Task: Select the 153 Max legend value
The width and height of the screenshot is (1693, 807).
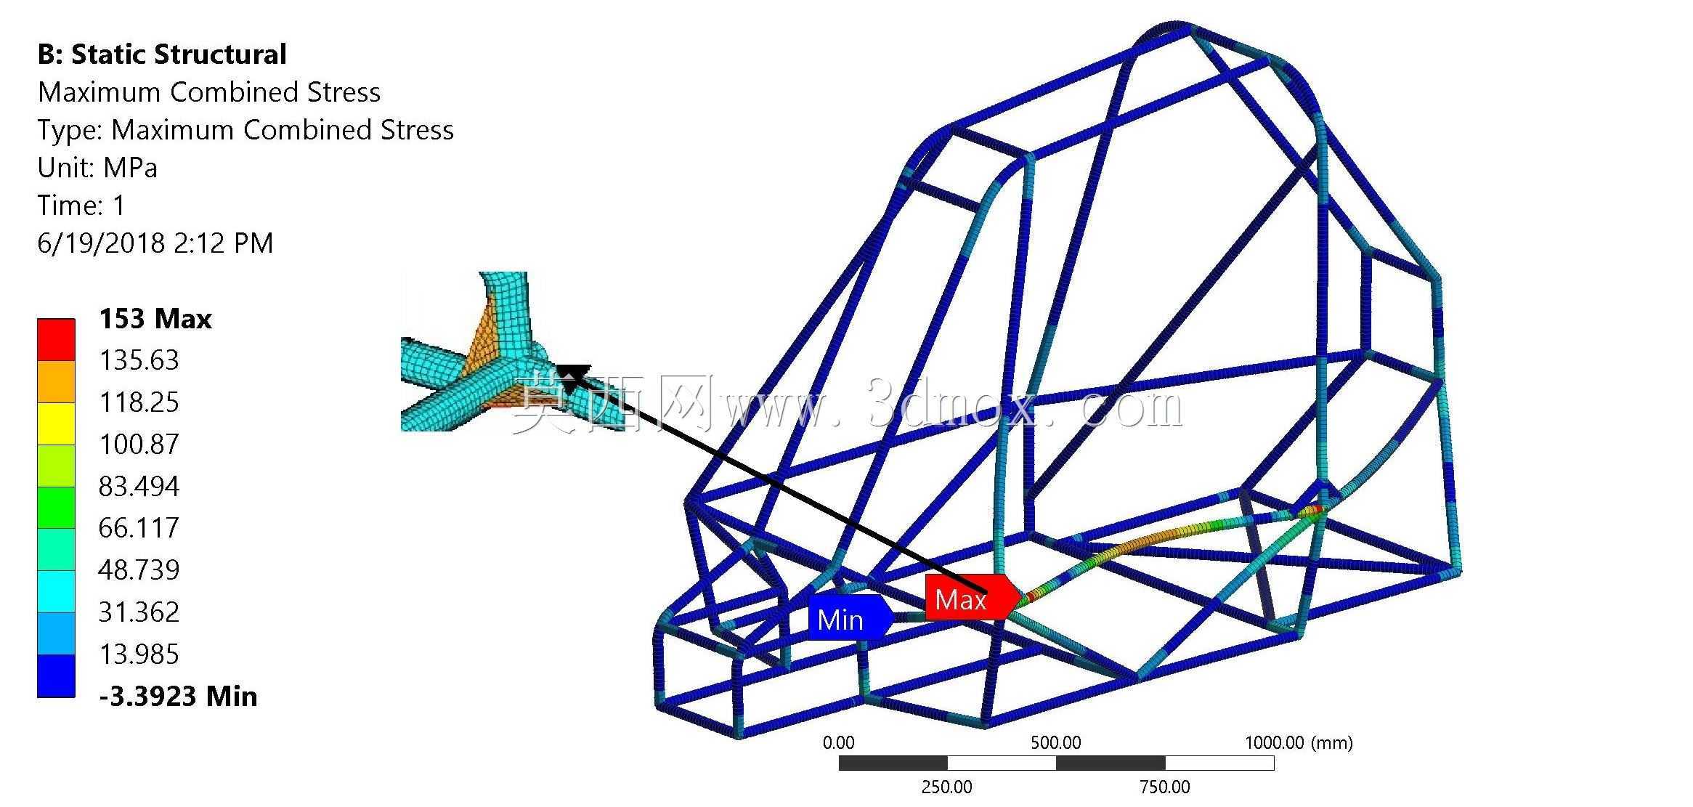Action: click(155, 319)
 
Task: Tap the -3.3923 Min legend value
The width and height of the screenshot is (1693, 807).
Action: click(178, 696)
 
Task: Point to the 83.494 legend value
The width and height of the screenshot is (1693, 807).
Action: click(139, 486)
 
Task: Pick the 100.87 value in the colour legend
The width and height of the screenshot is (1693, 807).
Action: click(139, 444)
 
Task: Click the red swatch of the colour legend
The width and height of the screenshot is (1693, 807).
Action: click(56, 340)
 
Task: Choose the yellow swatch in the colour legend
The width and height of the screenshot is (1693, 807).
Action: click(56, 423)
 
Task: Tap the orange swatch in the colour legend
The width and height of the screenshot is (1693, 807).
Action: click(56, 382)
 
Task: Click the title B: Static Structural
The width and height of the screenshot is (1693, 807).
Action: click(162, 54)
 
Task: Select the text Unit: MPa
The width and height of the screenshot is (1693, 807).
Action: click(97, 168)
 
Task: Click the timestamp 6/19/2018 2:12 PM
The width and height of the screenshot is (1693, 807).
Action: click(155, 243)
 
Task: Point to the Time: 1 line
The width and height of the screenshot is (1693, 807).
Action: click(81, 206)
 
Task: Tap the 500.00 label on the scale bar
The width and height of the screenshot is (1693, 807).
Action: click(1055, 742)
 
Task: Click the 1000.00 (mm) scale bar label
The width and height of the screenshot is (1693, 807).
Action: click(1299, 742)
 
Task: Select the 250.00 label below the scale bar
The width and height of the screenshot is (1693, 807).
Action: click(946, 787)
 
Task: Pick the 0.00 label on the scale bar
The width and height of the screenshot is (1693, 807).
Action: click(838, 742)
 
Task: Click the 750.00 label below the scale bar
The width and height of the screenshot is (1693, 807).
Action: click(1165, 787)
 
